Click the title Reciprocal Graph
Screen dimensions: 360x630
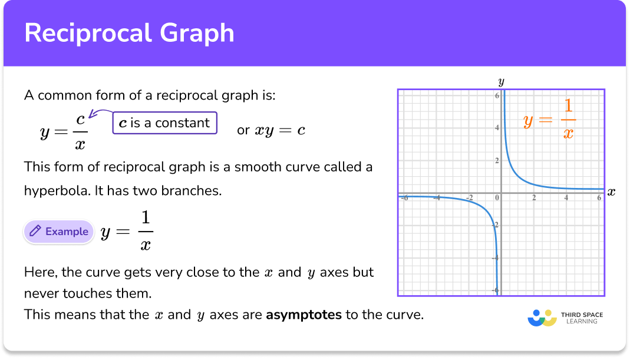click(x=129, y=33)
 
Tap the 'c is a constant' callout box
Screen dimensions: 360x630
click(x=164, y=123)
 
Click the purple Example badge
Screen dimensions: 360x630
click(x=59, y=232)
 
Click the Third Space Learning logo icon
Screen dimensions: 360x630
click(x=542, y=318)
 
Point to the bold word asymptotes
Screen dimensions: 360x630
click(x=304, y=315)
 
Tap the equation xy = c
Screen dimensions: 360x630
click(x=279, y=130)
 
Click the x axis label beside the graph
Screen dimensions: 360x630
click(x=611, y=192)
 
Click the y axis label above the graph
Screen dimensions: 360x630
click(x=501, y=81)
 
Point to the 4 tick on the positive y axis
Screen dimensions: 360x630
click(x=497, y=128)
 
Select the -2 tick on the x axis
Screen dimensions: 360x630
click(x=470, y=198)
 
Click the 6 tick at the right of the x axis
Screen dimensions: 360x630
click(x=598, y=198)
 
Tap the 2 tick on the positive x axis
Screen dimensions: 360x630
click(x=534, y=198)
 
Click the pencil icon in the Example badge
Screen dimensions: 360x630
click(x=35, y=232)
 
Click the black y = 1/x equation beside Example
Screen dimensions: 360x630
click(x=126, y=232)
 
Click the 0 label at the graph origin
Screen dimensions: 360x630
click(x=497, y=198)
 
